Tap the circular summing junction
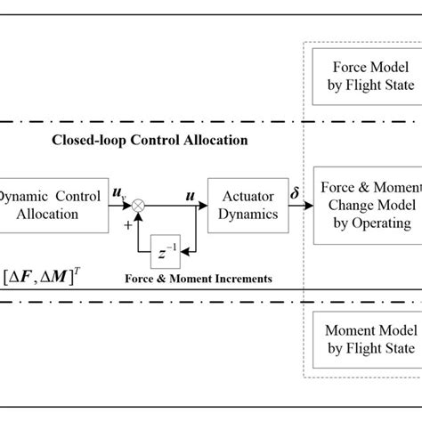[x=139, y=205]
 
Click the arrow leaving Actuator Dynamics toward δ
[x=299, y=205]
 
